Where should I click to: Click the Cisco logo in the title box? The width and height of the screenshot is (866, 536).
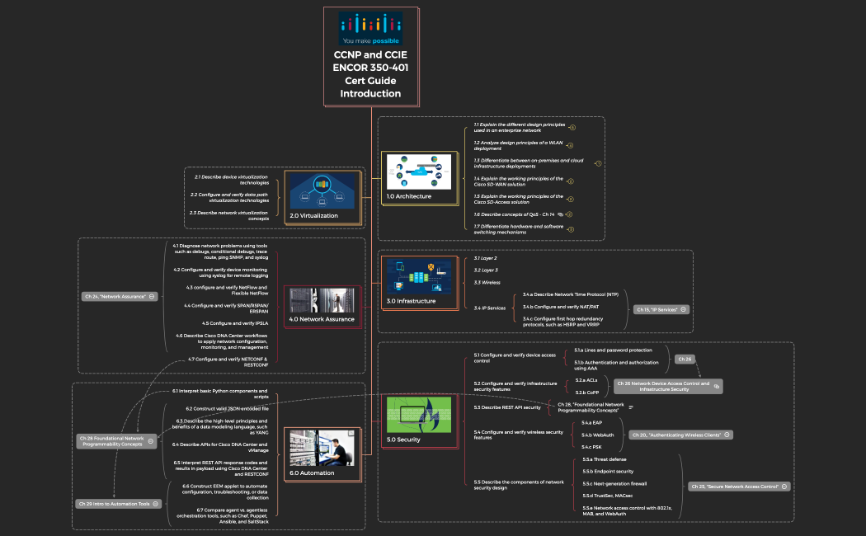(370, 28)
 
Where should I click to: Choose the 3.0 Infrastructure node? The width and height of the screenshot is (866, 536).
(420, 283)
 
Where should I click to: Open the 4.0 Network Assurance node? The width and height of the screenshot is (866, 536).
(322, 306)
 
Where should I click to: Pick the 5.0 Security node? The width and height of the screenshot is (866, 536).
(420, 421)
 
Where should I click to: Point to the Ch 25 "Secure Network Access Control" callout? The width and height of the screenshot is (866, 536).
(739, 487)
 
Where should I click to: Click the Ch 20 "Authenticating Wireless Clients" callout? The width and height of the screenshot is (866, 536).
(680, 435)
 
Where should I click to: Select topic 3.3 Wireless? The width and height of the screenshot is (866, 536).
(487, 283)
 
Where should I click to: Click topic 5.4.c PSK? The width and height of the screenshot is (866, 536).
(591, 447)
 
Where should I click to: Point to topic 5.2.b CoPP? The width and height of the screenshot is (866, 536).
(586, 392)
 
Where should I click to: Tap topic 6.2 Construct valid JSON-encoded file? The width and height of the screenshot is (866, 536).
(227, 409)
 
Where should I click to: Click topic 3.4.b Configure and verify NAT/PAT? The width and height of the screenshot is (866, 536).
(561, 306)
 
